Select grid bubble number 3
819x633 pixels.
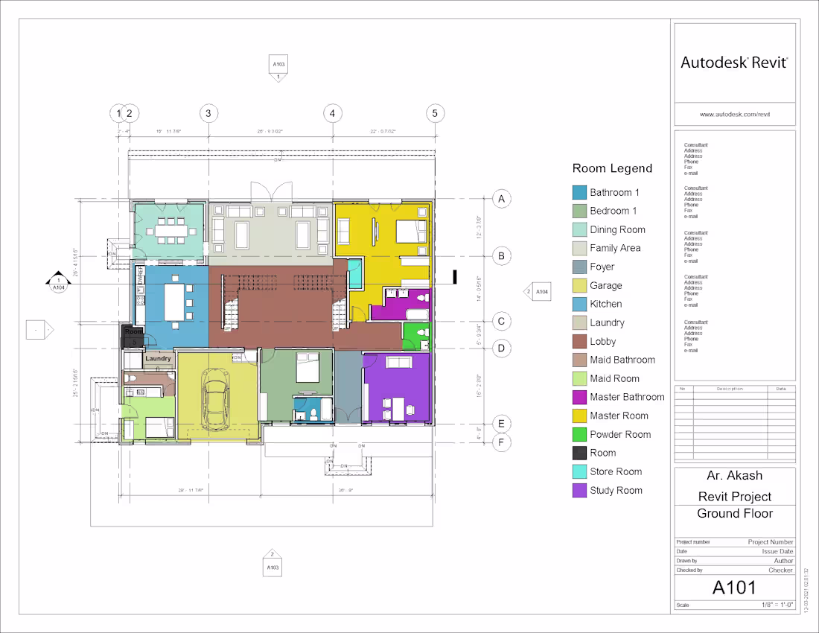coord(208,113)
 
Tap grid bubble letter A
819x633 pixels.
coord(502,199)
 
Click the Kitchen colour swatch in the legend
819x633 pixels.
coord(579,304)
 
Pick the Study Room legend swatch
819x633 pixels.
coord(579,490)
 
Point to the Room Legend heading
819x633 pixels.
coord(612,168)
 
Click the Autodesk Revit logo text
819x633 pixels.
coord(734,63)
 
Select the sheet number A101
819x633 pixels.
coord(734,588)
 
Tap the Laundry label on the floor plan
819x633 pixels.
coord(158,358)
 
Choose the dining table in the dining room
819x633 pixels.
coord(171,230)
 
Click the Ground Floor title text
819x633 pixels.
coord(734,513)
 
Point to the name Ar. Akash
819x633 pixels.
coord(734,476)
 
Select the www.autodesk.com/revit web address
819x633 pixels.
coord(734,115)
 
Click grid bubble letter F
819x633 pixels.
coord(502,443)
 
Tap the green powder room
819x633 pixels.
coord(415,337)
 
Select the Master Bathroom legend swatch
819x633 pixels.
coord(579,397)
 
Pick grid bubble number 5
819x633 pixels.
coord(435,113)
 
